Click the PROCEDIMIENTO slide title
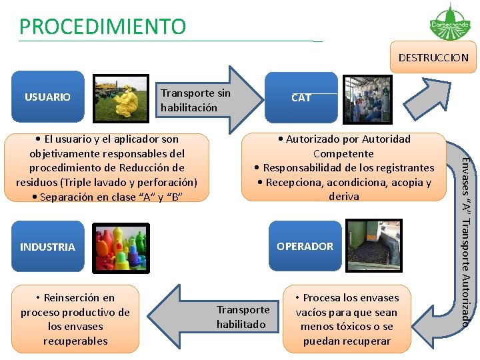(103, 27)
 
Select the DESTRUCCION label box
(433, 58)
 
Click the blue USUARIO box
(47, 97)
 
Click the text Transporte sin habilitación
(195, 100)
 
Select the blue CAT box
(301, 97)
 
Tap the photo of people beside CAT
(367, 99)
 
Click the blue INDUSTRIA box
(47, 247)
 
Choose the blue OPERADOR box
(305, 246)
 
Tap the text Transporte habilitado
(243, 317)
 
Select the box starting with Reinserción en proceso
(75, 319)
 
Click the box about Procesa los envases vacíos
(347, 319)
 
